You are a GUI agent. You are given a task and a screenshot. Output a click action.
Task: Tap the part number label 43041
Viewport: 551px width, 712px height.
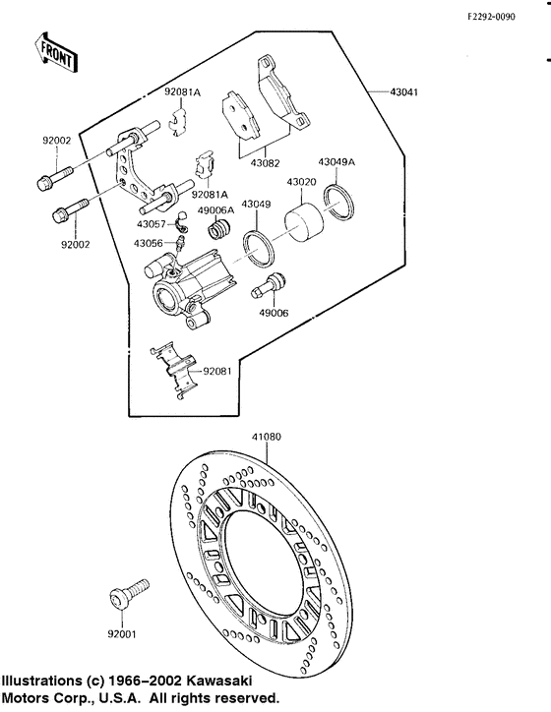(x=403, y=92)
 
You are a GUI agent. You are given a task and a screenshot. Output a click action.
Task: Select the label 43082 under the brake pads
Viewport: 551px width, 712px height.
(x=265, y=163)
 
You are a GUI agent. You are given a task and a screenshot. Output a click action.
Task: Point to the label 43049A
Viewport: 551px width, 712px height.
(x=337, y=162)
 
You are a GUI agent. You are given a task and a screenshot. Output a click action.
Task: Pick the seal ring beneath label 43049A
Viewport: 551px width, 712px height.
(x=338, y=201)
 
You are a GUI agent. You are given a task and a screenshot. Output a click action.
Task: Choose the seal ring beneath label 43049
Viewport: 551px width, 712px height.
(x=258, y=248)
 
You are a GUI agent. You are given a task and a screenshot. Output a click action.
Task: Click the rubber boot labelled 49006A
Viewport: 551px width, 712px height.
(x=219, y=228)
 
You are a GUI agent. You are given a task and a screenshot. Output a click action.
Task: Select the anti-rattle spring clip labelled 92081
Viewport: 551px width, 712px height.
(x=173, y=370)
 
